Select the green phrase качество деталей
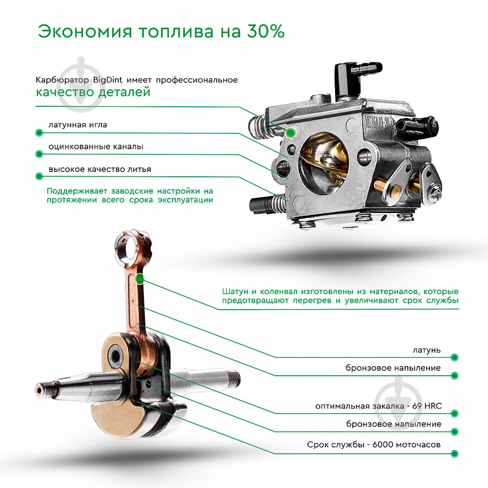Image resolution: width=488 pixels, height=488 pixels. tap(93, 93)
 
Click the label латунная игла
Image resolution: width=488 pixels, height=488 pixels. tap(78, 125)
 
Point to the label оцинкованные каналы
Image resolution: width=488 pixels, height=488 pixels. tap(96, 146)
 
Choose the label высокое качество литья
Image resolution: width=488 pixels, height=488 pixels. tap(100, 169)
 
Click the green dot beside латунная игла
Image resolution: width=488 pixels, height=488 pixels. tap(38, 132)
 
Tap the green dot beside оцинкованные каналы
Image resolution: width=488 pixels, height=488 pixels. tap(38, 154)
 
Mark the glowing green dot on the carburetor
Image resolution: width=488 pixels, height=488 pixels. tap(292, 132)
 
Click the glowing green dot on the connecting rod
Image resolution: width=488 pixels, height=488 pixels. tap(140, 279)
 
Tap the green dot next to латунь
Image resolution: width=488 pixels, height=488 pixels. tap(454, 357)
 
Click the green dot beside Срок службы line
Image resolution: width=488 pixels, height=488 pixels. tap(454, 452)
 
